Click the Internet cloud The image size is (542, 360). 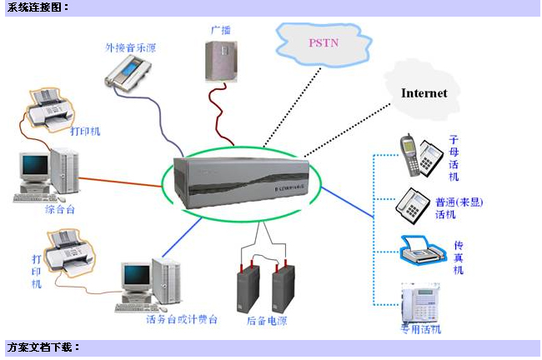tap(424, 92)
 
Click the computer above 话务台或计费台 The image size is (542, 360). tap(150, 282)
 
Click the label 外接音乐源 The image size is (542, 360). tap(130, 47)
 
